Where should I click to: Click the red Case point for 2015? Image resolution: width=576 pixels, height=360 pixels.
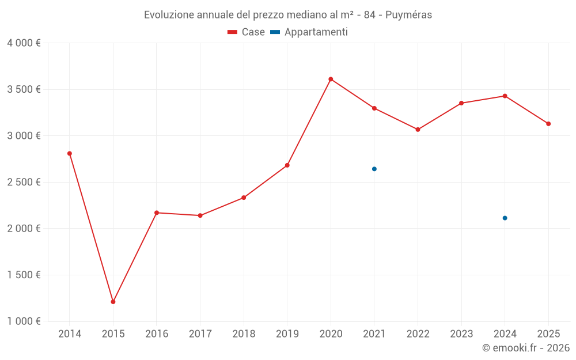coord(113,302)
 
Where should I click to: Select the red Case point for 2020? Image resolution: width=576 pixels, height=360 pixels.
coord(331,79)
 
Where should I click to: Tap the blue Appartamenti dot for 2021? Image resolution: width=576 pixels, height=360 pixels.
coord(374,169)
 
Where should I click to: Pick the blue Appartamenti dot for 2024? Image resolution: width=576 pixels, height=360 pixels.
coord(505,218)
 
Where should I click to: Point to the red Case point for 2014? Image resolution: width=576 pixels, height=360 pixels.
coord(70,153)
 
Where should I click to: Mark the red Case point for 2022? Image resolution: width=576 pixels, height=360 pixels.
coord(418,130)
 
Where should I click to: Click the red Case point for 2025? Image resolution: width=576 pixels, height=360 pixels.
coord(548,124)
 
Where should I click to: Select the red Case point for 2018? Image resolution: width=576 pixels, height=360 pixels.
coord(244,198)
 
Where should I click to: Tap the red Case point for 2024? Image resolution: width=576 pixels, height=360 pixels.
coord(505,96)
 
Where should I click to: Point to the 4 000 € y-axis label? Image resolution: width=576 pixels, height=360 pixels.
coord(24,43)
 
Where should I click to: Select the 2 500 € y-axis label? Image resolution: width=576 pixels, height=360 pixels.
coord(24,182)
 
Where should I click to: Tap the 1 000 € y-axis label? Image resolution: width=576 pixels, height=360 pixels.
coord(24,321)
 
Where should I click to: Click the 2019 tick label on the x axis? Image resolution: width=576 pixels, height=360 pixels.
coord(287,334)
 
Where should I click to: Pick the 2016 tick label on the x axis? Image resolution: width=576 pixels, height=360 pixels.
coord(157,334)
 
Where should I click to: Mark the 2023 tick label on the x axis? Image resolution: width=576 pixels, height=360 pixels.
coord(461,334)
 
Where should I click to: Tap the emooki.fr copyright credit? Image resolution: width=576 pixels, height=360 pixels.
coord(525,348)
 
